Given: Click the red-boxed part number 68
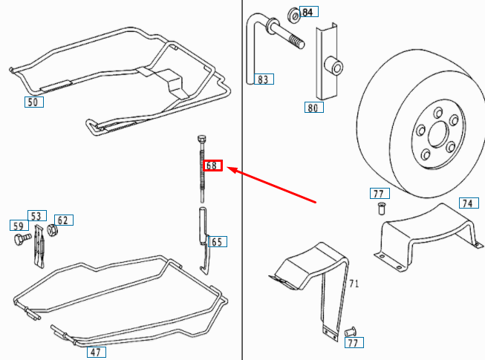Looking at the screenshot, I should (x=212, y=166).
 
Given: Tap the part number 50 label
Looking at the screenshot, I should (x=33, y=102).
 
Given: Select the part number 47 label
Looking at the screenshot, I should (x=95, y=352).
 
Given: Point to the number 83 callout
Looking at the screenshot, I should (x=264, y=79).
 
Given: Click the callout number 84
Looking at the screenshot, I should (x=308, y=12).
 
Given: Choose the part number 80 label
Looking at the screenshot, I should (x=313, y=107).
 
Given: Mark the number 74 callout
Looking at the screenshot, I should (x=466, y=203).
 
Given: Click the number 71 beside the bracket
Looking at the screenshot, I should (x=354, y=284).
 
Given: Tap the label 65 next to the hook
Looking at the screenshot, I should (x=217, y=241).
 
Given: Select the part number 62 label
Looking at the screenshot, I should (x=63, y=220).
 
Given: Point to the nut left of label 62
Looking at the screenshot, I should (x=51, y=230).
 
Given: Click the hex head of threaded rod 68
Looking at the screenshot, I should (x=201, y=139).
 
